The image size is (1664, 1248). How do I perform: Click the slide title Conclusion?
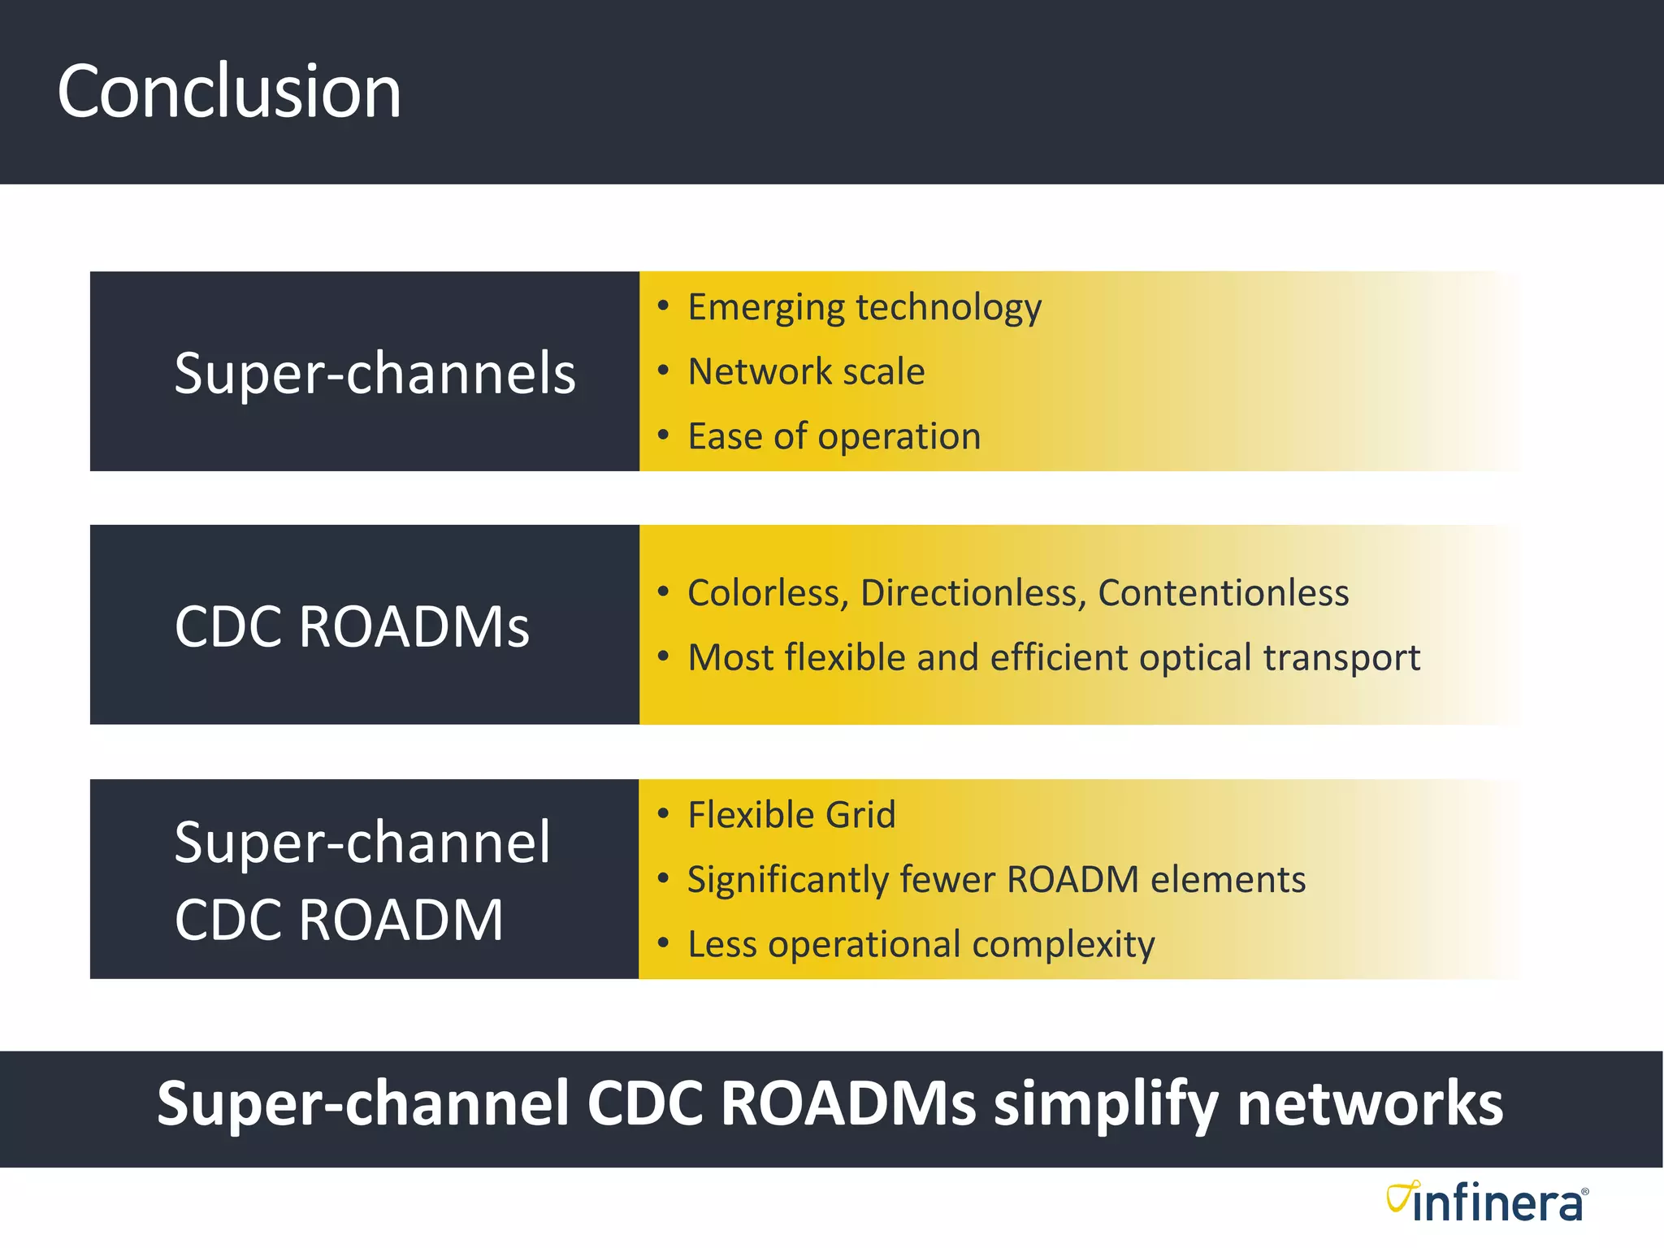click(x=229, y=92)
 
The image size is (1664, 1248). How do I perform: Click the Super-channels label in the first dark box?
click(x=375, y=373)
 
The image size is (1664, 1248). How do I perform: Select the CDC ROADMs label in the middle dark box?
click(x=352, y=626)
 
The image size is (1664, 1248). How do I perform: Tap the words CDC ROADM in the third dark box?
click(x=339, y=920)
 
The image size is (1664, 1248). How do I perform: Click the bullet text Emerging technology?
click(x=864, y=308)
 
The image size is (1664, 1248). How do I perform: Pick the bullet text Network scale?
click(x=805, y=372)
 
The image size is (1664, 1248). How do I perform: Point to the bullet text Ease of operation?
click(x=834, y=437)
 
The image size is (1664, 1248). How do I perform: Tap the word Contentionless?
click(x=1223, y=593)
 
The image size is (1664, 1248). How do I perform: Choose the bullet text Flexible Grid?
click(x=791, y=815)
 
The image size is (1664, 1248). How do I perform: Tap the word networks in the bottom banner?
click(x=1369, y=1104)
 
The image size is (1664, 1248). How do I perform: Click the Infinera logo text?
click(x=1499, y=1205)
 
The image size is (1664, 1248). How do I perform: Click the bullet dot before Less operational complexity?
click(x=663, y=943)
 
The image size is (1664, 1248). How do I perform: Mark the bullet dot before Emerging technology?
click(x=663, y=306)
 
